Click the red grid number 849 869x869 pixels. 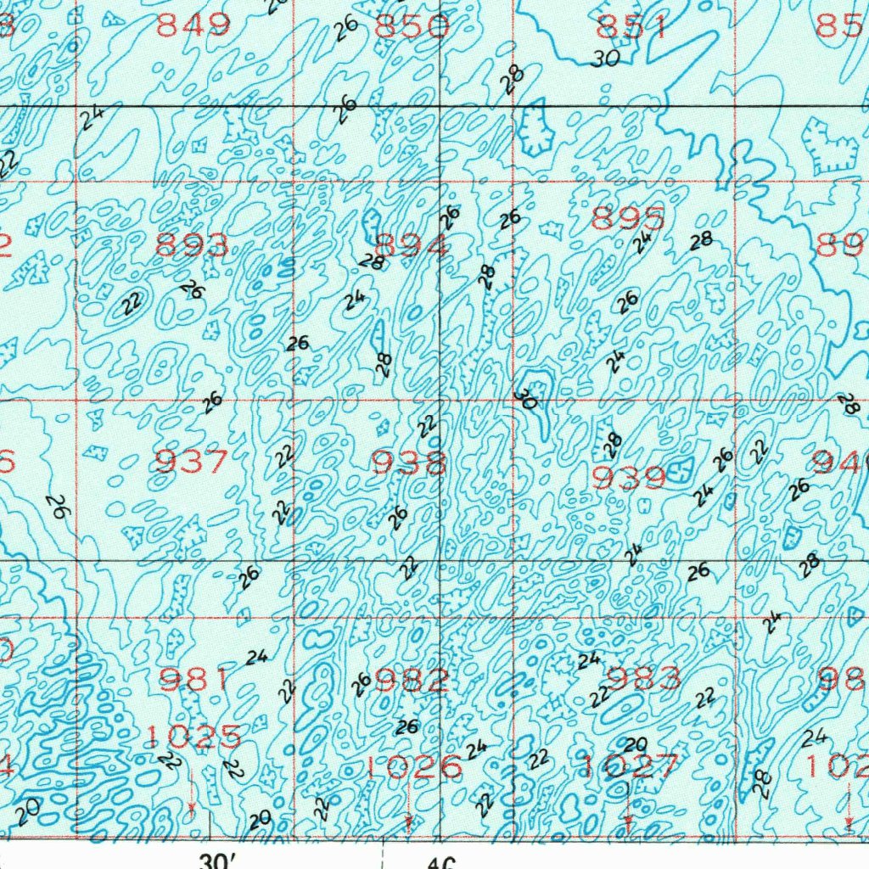click(193, 26)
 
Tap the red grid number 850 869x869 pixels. click(412, 26)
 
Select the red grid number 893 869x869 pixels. click(193, 246)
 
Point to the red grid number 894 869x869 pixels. click(412, 246)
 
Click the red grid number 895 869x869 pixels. click(628, 219)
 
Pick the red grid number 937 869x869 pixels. click(193, 463)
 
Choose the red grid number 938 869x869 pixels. click(410, 463)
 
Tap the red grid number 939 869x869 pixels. click(628, 479)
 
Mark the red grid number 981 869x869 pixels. click(193, 679)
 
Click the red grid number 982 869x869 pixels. click(412, 680)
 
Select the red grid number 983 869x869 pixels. click(645, 678)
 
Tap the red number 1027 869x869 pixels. click(629, 766)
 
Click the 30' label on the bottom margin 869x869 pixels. click(217, 861)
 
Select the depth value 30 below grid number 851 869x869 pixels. click(606, 58)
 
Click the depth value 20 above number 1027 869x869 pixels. click(635, 744)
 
